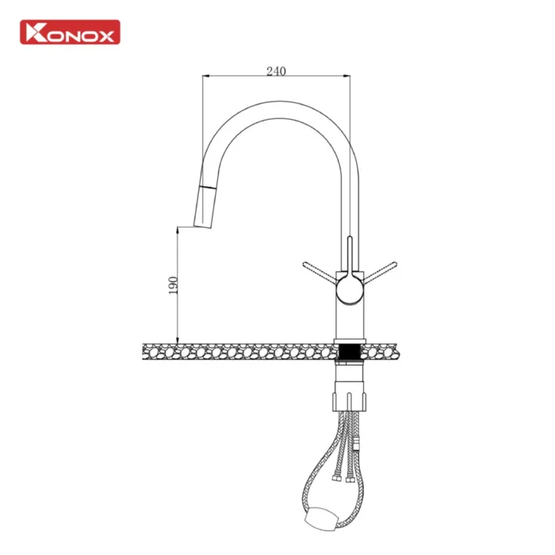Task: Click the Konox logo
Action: (70, 33)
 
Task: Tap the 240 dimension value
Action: (276, 71)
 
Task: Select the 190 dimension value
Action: (173, 285)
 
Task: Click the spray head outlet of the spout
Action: (203, 225)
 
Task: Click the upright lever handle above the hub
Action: (350, 255)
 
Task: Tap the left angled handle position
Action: (320, 273)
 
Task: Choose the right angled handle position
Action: (380, 273)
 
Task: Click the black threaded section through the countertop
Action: (350, 351)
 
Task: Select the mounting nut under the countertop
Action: (350, 402)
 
